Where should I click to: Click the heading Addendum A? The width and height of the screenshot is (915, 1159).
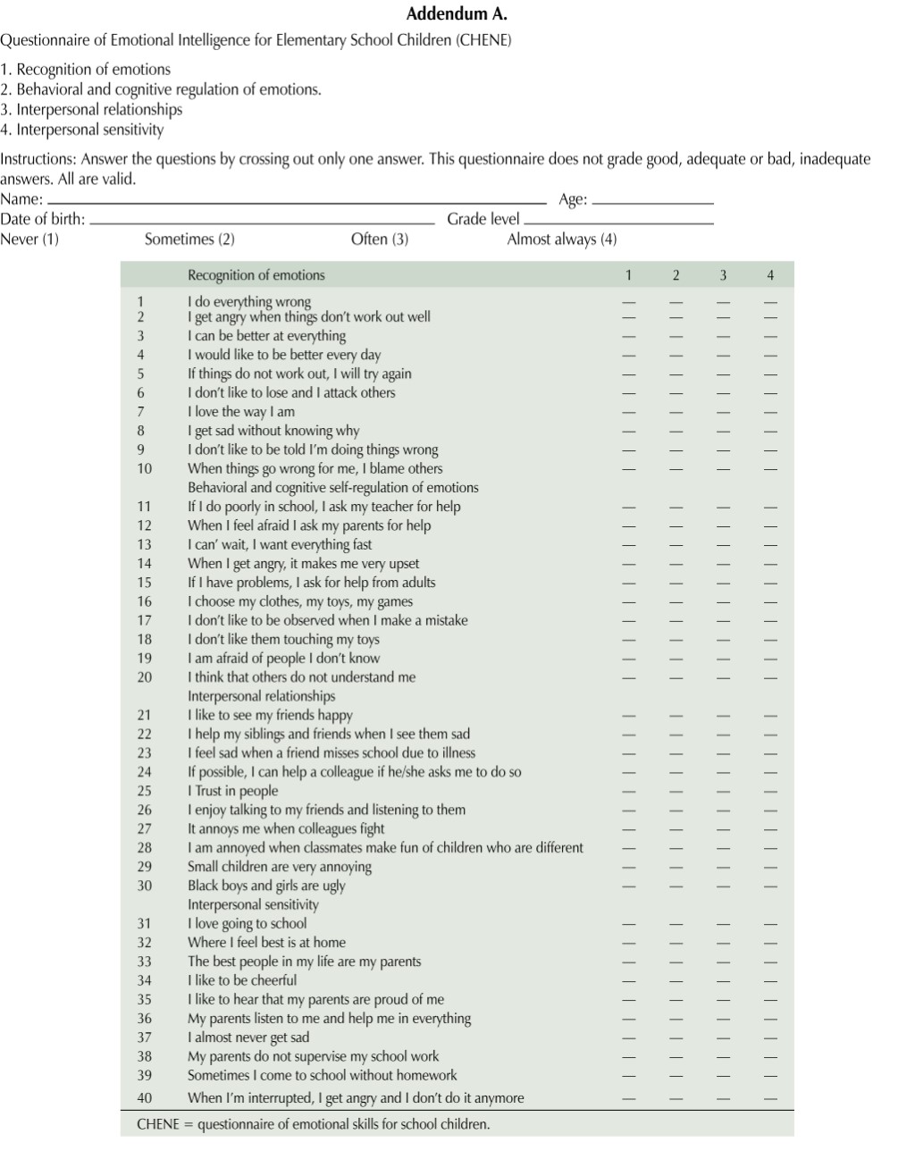coord(457,13)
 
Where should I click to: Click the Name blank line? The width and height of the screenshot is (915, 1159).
coord(296,202)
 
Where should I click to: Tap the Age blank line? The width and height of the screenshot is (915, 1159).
coord(653,203)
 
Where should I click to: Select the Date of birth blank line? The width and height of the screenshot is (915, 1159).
coord(262,222)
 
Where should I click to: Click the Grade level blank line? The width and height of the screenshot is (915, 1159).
coord(619,222)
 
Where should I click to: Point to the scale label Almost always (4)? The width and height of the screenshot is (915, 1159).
coord(562,239)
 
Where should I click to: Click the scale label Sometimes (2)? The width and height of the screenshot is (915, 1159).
coord(189,239)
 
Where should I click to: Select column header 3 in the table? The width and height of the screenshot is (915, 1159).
coord(723,275)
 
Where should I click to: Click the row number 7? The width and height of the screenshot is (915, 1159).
coord(141,412)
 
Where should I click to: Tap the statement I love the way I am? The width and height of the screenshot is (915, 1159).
coord(240,412)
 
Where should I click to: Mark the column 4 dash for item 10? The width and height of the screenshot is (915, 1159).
coord(770,469)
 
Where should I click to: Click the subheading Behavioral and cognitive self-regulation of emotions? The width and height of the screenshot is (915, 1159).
coord(332,488)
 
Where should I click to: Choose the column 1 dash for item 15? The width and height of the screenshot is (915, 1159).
coord(629,583)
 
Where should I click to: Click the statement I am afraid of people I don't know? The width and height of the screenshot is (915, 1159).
coord(283,659)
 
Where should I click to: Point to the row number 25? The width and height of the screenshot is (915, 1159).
coord(144,791)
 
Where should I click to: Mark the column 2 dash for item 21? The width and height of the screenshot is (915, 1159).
coord(676,716)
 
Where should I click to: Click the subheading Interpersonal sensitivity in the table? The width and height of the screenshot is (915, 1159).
coord(253,904)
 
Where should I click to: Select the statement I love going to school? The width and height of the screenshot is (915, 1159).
coord(247,924)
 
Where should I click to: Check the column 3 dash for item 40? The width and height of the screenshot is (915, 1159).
coord(723,1098)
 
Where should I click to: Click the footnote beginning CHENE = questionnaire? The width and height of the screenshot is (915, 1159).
coord(313,1124)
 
